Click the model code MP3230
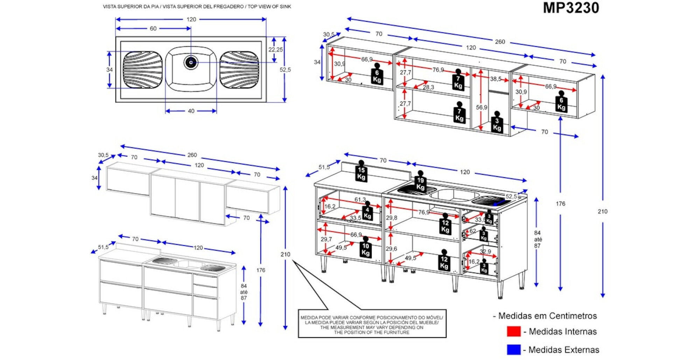point(570,8)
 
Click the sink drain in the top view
point(191,63)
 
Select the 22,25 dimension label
point(275,50)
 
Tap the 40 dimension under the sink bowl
point(191,111)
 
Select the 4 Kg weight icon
point(367,212)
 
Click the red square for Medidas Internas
point(513,331)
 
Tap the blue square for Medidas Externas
point(513,349)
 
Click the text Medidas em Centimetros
point(547,316)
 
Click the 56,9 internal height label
point(481,108)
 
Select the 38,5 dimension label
point(496,79)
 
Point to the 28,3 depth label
point(428,87)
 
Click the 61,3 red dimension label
point(360,200)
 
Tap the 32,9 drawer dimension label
point(485,251)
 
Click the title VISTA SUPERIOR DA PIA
point(131,7)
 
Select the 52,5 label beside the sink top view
point(285,70)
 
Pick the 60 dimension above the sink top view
point(153,29)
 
